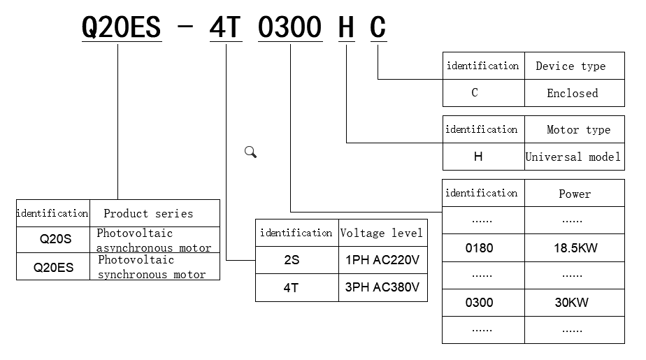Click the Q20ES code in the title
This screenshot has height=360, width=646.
pyautogui.click(x=122, y=28)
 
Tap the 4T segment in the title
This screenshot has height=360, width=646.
pyautogui.click(x=225, y=28)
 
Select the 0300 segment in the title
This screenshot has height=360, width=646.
pyautogui.click(x=290, y=28)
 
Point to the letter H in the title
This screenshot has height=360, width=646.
pyautogui.click(x=346, y=28)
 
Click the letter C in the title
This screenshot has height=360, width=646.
pyautogui.click(x=378, y=28)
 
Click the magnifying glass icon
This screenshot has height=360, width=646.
pyautogui.click(x=250, y=152)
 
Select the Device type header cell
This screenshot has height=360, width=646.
pyautogui.click(x=570, y=66)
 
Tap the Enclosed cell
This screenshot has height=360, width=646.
pyautogui.click(x=573, y=93)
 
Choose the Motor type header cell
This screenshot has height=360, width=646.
pyautogui.click(x=578, y=129)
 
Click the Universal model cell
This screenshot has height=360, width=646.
pyautogui.click(x=573, y=157)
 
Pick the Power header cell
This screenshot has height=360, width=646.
pyautogui.click(x=575, y=194)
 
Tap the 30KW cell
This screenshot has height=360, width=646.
pyautogui.click(x=572, y=303)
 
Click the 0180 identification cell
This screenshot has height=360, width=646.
pyautogui.click(x=479, y=247)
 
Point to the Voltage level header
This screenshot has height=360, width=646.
pyautogui.click(x=382, y=233)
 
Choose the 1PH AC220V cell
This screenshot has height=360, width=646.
pyautogui.click(x=382, y=260)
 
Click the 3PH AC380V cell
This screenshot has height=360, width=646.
pyautogui.click(x=382, y=287)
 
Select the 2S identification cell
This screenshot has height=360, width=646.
pyautogui.click(x=292, y=260)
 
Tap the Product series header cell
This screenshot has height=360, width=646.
pyautogui.click(x=148, y=213)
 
